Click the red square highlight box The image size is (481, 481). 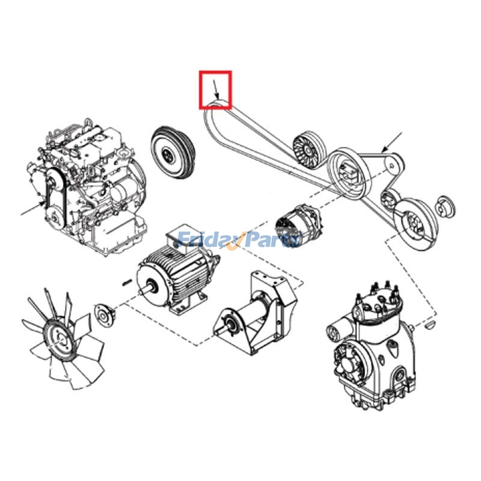point(215,72)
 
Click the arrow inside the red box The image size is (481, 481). point(216,89)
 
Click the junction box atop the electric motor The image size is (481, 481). point(182,241)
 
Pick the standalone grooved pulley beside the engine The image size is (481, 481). point(172,152)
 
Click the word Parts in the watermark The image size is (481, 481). point(273,239)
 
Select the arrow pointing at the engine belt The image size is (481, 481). point(33,209)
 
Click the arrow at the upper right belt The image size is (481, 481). point(392,142)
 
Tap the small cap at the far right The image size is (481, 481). point(445,206)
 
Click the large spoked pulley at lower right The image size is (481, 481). point(415,224)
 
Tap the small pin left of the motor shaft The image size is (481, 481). point(127,282)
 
